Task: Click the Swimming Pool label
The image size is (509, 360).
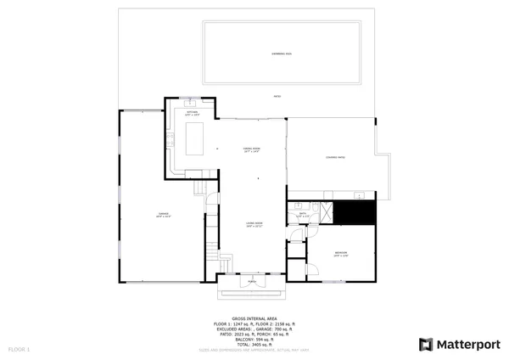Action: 282,53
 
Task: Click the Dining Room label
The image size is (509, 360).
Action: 251,149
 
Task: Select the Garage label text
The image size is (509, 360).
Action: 163,216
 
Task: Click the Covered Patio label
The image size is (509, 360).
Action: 335,158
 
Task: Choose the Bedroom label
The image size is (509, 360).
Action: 341,254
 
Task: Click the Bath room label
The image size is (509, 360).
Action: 303,214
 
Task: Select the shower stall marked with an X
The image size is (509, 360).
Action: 325,213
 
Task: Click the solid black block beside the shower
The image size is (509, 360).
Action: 354,212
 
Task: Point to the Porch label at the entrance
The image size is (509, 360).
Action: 251,282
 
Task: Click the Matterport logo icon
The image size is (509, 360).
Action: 426,344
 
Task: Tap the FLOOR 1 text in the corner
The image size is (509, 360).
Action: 19,349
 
